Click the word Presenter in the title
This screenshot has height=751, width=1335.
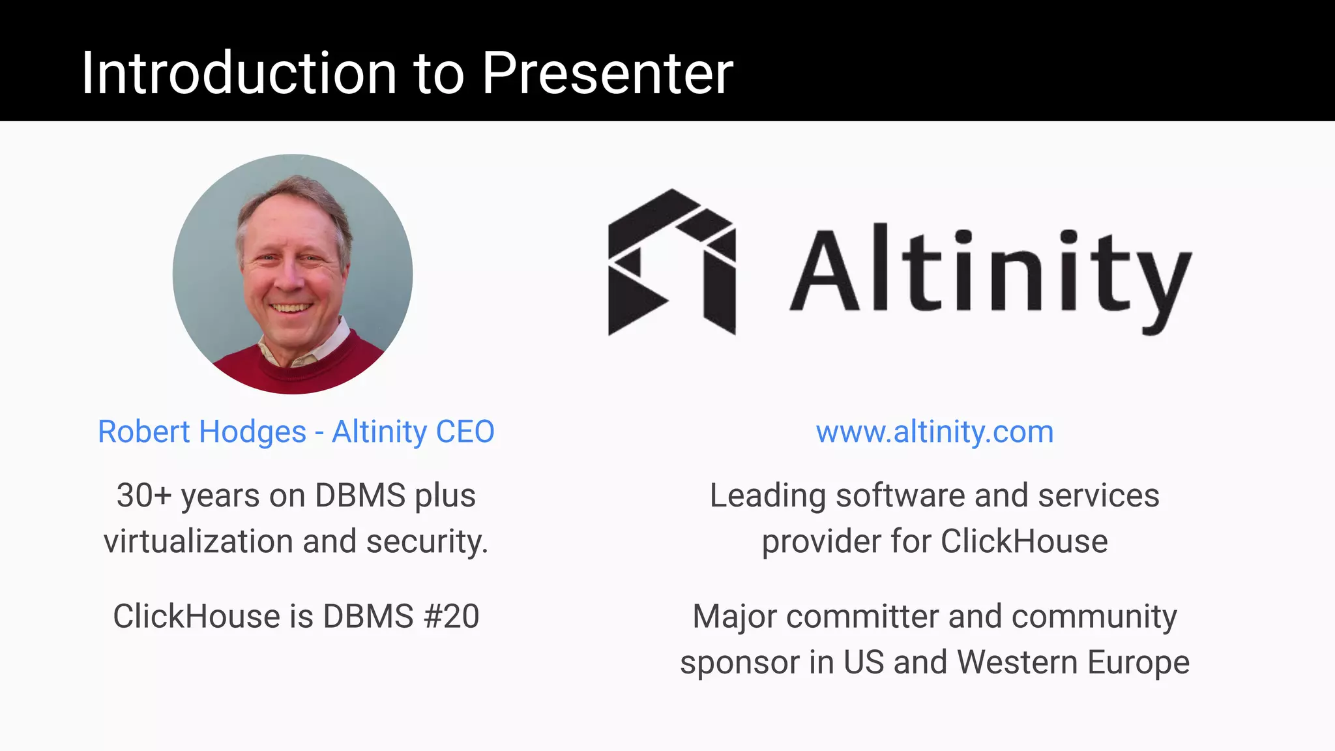pyautogui.click(x=608, y=74)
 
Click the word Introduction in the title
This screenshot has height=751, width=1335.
pyautogui.click(x=239, y=74)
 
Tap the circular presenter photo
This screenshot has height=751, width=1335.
pyautogui.click(x=293, y=274)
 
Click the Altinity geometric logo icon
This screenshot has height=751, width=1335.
pyautogui.click(x=671, y=263)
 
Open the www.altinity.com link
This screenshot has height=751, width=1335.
pyautogui.click(x=934, y=432)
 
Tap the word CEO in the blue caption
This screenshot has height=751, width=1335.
pyautogui.click(x=465, y=432)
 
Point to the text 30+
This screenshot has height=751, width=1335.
pyautogui.click(x=143, y=495)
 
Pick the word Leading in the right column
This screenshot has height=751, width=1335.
pyautogui.click(x=768, y=495)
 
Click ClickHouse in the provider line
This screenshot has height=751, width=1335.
pyautogui.click(x=1023, y=542)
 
